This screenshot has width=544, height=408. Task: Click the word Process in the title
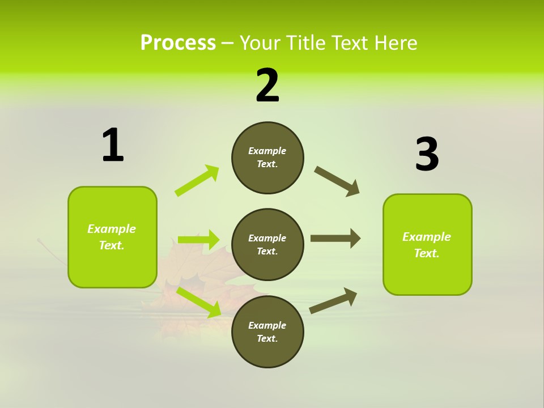(x=178, y=43)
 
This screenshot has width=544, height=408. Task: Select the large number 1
(x=113, y=146)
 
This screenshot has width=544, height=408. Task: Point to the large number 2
(x=267, y=86)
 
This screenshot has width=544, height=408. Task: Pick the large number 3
(x=427, y=155)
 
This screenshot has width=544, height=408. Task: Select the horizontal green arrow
(x=198, y=240)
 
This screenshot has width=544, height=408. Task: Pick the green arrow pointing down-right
(x=199, y=302)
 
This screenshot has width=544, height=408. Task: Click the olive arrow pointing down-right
(x=337, y=181)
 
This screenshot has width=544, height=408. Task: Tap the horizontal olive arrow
(x=335, y=239)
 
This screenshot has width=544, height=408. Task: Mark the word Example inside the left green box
(x=112, y=229)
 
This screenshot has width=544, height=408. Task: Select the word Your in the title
(x=260, y=43)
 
